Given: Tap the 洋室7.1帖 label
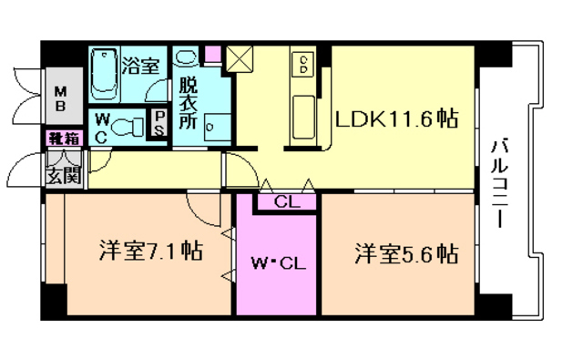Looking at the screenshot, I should pyautogui.click(x=150, y=252).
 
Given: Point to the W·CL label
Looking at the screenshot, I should pyautogui.click(x=277, y=266).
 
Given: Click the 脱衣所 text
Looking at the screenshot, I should pyautogui.click(x=189, y=103).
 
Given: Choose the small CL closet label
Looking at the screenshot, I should pyautogui.click(x=284, y=202).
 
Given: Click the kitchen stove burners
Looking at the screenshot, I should pyautogui.click(x=303, y=65).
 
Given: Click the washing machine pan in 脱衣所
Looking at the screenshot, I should pyautogui.click(x=216, y=124).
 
